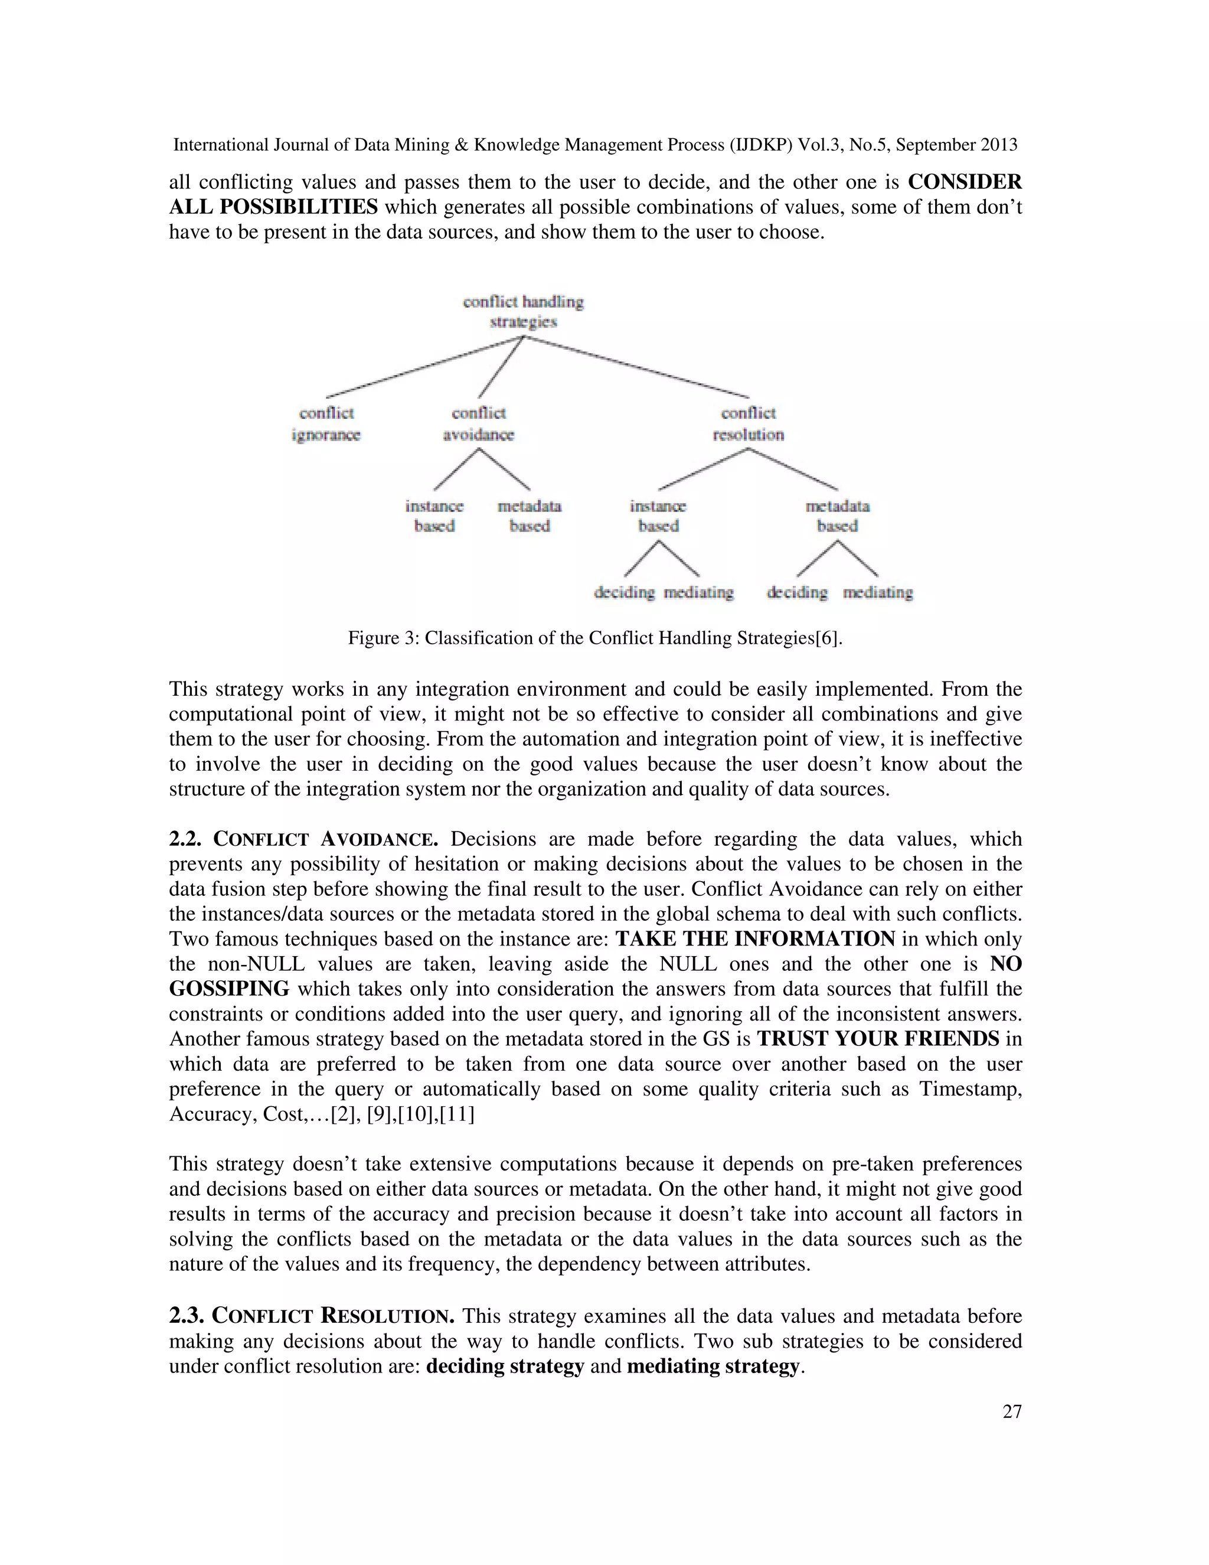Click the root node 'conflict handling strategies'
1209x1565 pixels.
[x=523, y=312]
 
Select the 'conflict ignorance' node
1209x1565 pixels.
[x=326, y=423]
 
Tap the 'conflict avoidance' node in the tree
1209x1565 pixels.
[x=478, y=423]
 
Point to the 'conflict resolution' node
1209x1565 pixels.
[x=748, y=423]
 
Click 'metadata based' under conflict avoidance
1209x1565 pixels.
[x=530, y=516]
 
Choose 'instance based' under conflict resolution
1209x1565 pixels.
[x=658, y=516]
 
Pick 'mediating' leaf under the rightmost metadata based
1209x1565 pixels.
[x=877, y=592]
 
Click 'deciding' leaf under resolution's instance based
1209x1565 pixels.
[x=624, y=592]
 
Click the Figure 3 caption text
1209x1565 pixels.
[x=594, y=638]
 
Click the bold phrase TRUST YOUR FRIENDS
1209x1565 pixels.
[x=877, y=1039]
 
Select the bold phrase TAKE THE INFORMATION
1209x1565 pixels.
[x=755, y=939]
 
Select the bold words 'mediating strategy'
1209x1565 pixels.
[x=713, y=1367]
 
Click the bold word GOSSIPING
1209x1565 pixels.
[x=229, y=989]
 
